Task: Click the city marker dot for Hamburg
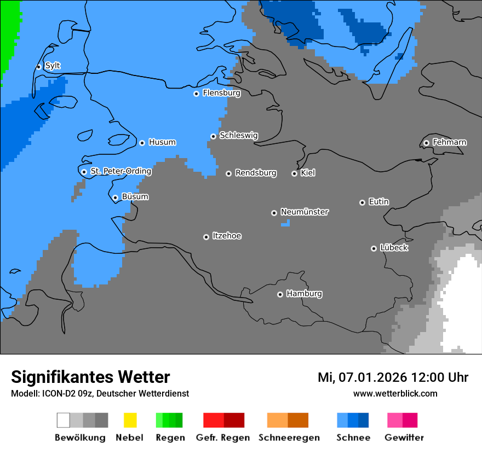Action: pyautogui.click(x=280, y=294)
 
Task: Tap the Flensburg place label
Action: pyautogui.click(x=221, y=93)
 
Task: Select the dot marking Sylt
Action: pyautogui.click(x=39, y=67)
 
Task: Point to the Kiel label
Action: pyautogui.click(x=308, y=173)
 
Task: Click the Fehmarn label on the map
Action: pyautogui.click(x=449, y=142)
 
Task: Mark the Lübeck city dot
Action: pyautogui.click(x=374, y=248)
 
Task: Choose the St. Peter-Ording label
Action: pyautogui.click(x=120, y=171)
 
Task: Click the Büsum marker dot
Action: pyautogui.click(x=115, y=197)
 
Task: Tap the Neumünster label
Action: pyautogui.click(x=305, y=212)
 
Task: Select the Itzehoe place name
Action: pyautogui.click(x=227, y=236)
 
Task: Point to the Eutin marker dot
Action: pyautogui.click(x=362, y=202)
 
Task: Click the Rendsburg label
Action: pyautogui.click(x=256, y=173)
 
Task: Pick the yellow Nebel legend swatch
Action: pyautogui.click(x=130, y=420)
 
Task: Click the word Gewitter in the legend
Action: pyautogui.click(x=404, y=438)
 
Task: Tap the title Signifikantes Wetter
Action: pyautogui.click(x=90, y=377)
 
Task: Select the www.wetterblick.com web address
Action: pyautogui.click(x=395, y=393)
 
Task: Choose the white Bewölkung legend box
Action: pyautogui.click(x=63, y=420)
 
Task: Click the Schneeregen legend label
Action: pyautogui.click(x=288, y=438)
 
